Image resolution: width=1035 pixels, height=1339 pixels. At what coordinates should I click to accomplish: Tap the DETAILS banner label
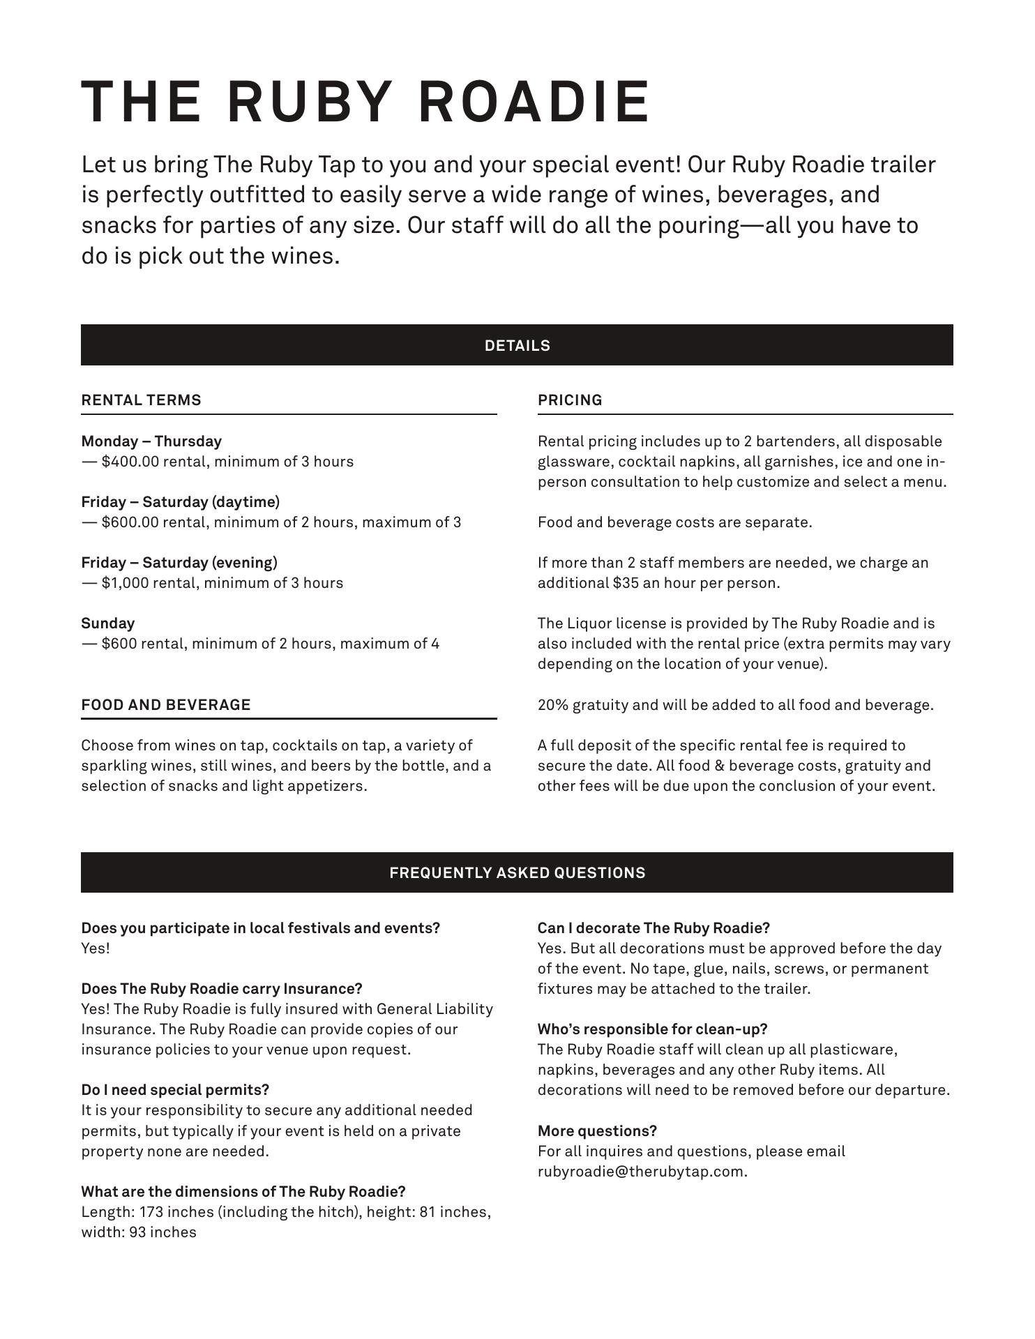tap(517, 346)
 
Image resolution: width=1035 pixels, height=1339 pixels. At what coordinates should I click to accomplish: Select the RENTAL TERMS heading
tap(141, 400)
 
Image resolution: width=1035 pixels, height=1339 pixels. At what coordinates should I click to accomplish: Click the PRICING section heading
tap(570, 400)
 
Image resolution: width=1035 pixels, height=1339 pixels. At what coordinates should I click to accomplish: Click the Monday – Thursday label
tap(151, 441)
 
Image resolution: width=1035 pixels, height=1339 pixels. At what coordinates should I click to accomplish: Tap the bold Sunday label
tap(108, 623)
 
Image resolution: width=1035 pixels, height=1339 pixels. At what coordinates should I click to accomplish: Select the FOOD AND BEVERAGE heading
tap(166, 705)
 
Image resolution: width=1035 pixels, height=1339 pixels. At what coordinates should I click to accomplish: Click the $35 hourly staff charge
tap(626, 583)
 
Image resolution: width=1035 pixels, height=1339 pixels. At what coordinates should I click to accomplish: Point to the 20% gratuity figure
tap(553, 705)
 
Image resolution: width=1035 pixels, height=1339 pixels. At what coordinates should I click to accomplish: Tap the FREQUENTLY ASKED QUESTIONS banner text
tap(517, 873)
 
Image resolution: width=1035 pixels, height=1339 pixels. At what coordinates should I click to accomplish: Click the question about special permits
tap(175, 1090)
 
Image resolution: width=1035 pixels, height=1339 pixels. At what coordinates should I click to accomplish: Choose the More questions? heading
tap(597, 1131)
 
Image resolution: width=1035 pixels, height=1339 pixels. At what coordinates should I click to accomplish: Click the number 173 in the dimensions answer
tap(151, 1212)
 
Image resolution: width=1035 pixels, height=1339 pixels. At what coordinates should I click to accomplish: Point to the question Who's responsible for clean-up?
tap(652, 1029)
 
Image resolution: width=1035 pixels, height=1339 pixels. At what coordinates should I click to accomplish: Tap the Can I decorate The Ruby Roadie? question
tap(654, 928)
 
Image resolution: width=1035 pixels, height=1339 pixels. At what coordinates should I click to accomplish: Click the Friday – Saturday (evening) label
tap(179, 563)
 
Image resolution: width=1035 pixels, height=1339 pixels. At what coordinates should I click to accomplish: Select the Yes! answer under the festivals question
tap(96, 948)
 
